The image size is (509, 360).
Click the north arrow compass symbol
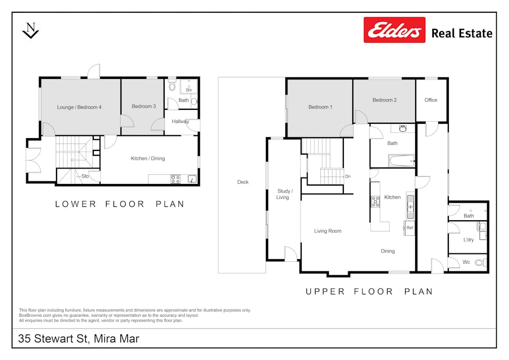pyautogui.click(x=31, y=30)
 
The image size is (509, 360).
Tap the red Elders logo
pyautogui.click(x=394, y=30)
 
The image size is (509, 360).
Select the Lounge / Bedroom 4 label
pyautogui.click(x=79, y=107)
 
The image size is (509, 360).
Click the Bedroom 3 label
pyautogui.click(x=143, y=106)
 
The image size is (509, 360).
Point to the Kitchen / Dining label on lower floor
pyautogui.click(x=148, y=158)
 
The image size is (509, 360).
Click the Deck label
pyautogui.click(x=243, y=182)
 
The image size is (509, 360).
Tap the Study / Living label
pyautogui.click(x=283, y=194)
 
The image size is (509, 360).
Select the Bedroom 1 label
pyautogui.click(x=320, y=107)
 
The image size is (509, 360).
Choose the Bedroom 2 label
pyautogui.click(x=384, y=100)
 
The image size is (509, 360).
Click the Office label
pyautogui.click(x=431, y=100)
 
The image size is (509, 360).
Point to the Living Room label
pyautogui.click(x=328, y=231)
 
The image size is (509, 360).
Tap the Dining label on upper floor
pyautogui.click(x=387, y=251)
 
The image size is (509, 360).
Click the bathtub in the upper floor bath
pyautogui.click(x=401, y=160)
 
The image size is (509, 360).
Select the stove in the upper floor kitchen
pyautogui.click(x=375, y=201)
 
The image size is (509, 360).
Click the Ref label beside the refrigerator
pyautogui.click(x=410, y=228)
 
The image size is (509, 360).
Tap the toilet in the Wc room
pyautogui.click(x=480, y=262)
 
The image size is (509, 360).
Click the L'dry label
pyautogui.click(x=468, y=240)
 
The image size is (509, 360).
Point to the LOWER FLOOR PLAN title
pyautogui.click(x=120, y=204)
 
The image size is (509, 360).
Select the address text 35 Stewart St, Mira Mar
pyautogui.click(x=79, y=339)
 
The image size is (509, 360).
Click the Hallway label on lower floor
pyautogui.click(x=180, y=122)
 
